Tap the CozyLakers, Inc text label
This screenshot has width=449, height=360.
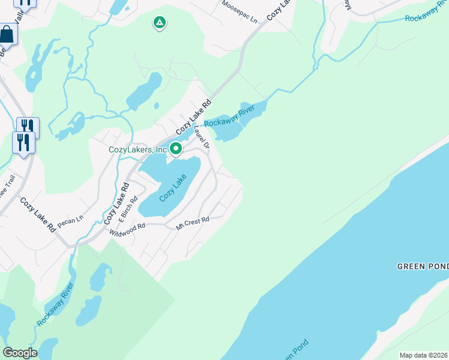(137, 149)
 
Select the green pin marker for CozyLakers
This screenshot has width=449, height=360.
(176, 148)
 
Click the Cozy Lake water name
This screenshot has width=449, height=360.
(173, 188)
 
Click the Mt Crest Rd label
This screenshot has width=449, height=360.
(192, 223)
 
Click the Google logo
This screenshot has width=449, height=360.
(20, 352)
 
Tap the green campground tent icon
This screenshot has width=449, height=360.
(159, 23)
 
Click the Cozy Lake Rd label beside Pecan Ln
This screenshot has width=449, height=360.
(37, 215)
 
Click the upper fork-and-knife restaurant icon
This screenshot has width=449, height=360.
(28, 126)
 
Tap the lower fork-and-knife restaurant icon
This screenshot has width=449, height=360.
(23, 142)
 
